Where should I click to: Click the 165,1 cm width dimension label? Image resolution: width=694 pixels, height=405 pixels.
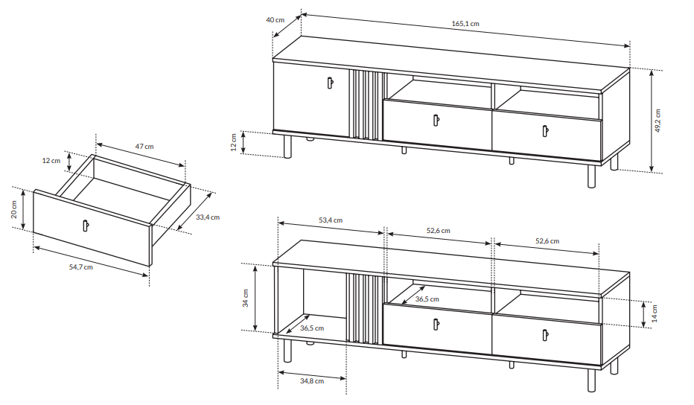tap(465, 24)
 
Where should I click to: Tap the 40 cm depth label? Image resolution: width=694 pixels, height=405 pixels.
tap(275, 20)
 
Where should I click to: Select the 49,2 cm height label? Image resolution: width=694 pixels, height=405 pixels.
tap(658, 121)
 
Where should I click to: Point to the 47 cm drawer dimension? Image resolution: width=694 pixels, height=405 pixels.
tap(144, 147)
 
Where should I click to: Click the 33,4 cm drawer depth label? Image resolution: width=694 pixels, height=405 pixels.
tap(208, 217)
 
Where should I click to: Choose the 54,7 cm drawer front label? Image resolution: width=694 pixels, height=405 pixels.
tap(81, 267)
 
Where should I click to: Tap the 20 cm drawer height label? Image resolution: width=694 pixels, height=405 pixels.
tap(13, 209)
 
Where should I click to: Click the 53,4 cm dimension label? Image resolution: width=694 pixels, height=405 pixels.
tap(331, 220)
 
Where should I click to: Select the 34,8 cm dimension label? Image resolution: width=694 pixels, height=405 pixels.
tap(312, 380)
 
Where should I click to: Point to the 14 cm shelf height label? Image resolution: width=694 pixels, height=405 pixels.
tap(655, 313)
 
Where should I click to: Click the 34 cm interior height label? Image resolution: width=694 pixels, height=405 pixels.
tap(246, 298)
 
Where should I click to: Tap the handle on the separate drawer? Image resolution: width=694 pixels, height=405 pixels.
tap(85, 226)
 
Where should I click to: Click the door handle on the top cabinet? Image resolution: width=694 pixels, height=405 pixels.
tap(330, 83)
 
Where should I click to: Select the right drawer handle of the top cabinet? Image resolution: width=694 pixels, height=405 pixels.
tap(545, 131)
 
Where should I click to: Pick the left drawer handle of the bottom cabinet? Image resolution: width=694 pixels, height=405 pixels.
tap(436, 325)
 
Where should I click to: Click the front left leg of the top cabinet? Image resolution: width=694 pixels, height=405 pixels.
tap(287, 147)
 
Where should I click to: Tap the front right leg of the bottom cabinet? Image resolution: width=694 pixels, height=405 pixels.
tap(592, 380)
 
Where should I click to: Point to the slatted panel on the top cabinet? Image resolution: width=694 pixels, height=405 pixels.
tap(366, 105)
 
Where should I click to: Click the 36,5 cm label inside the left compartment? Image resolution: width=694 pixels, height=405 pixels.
tap(312, 328)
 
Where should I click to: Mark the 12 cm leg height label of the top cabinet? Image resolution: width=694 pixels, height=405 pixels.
tap(234, 142)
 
